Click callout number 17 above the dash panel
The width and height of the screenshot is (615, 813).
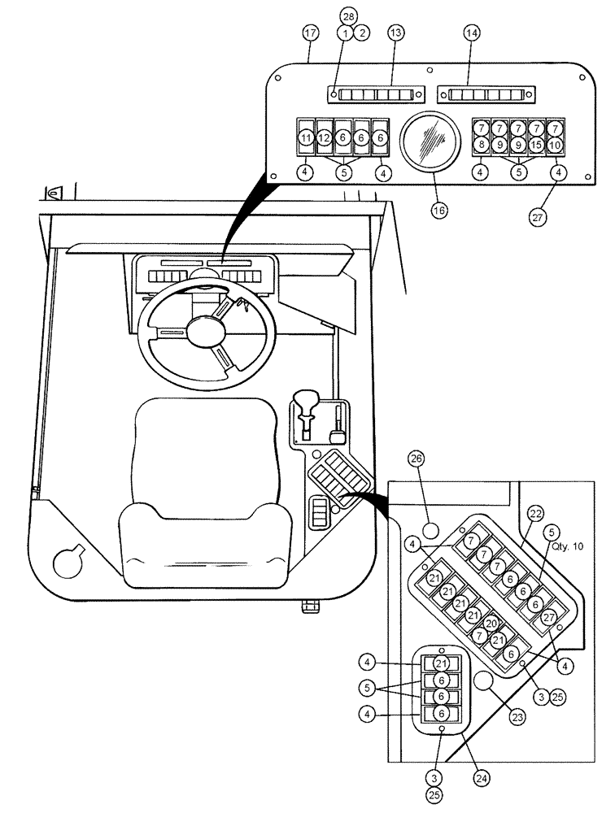pos(310,33)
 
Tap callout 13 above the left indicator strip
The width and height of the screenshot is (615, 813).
pos(395,33)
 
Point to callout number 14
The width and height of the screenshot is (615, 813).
pos(472,33)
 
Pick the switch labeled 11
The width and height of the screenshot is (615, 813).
pos(304,138)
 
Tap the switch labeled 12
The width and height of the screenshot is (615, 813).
pos(323,138)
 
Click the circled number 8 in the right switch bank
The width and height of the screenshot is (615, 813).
pos(482,145)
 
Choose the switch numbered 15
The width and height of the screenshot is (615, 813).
pos(536,145)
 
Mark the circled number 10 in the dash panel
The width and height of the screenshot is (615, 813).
pos(555,145)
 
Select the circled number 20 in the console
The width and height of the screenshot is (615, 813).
pos(491,624)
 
